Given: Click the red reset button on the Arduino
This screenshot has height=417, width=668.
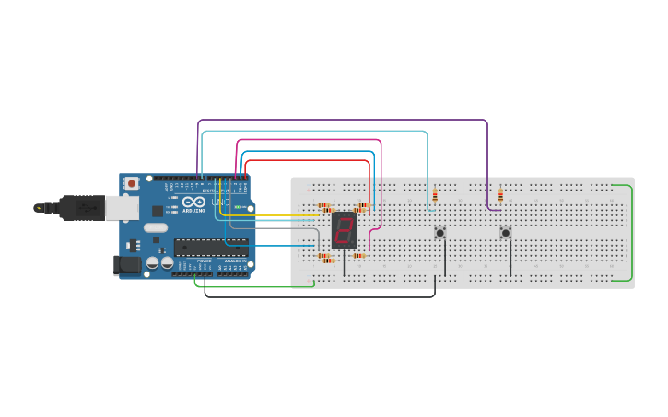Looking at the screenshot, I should pos(132,183).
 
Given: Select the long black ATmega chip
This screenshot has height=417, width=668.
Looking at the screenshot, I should pos(211,247).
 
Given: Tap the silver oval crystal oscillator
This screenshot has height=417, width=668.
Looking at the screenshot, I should pos(156,227).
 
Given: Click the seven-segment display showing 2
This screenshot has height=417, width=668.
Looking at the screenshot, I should pos(344,230).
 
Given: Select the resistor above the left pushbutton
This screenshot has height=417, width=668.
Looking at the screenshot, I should pos(435,195).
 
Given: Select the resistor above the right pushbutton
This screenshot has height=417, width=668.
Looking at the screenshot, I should pos(500,195).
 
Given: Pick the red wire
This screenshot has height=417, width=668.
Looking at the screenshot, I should pos(304,160).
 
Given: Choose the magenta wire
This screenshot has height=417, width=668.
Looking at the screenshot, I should pos(309,140).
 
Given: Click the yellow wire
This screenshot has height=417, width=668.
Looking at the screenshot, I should pos(276,215).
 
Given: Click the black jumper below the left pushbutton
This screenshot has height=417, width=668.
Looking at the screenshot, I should pos(445,261).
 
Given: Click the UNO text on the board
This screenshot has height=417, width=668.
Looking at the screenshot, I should pos(221,202).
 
